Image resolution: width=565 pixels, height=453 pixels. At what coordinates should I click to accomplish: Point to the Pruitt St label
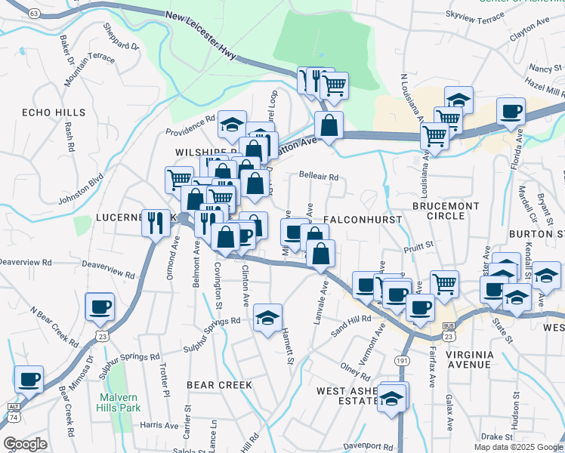point(418,245)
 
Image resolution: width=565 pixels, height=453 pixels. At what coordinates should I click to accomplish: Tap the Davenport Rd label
point(369,446)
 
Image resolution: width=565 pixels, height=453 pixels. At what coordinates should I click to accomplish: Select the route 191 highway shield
point(402,362)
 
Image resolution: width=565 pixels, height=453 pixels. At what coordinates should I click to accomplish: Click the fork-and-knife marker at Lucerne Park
point(156,223)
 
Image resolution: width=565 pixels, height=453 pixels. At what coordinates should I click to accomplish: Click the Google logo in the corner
point(25,444)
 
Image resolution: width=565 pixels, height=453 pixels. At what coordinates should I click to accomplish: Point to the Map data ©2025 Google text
point(517,447)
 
